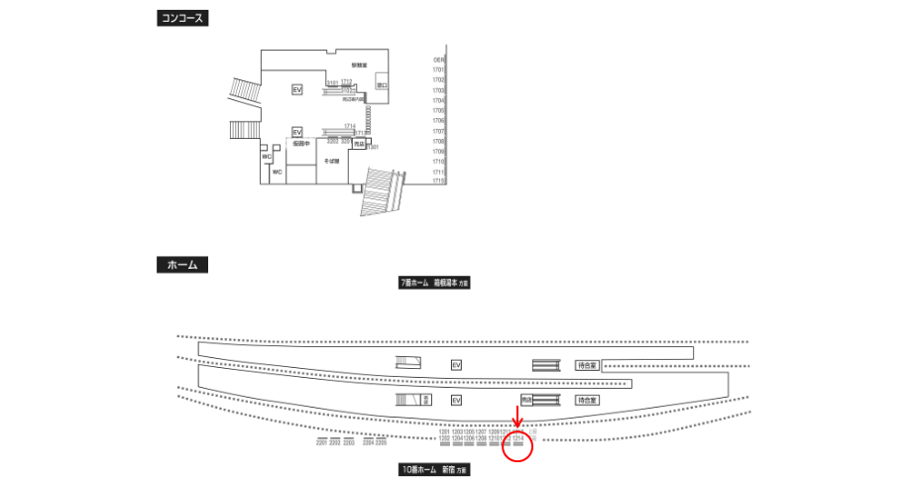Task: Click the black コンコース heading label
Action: click(x=183, y=19)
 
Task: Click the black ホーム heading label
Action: click(x=181, y=265)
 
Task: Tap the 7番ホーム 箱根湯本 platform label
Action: click(x=433, y=283)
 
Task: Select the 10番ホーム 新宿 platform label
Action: click(x=433, y=468)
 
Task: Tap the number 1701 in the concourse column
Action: click(x=438, y=70)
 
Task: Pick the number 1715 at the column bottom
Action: click(x=438, y=182)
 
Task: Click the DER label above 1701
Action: click(x=438, y=61)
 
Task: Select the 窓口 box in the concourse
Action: click(x=383, y=87)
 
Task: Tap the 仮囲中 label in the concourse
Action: click(x=301, y=144)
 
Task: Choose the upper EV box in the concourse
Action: click(x=296, y=90)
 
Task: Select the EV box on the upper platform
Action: click(x=456, y=365)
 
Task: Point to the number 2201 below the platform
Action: click(x=322, y=442)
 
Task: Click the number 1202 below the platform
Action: click(x=444, y=438)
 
